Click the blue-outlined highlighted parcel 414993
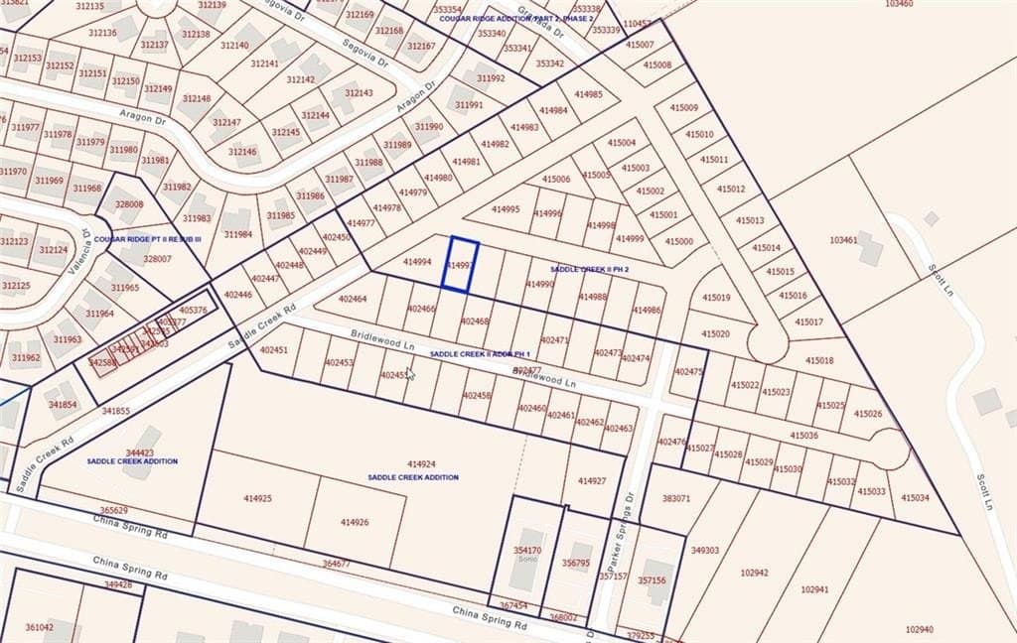point(459,265)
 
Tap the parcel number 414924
point(421,464)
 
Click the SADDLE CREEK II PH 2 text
point(590,270)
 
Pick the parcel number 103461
point(843,240)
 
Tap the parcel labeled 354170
point(526,550)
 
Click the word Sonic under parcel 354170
point(526,560)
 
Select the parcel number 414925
point(257,498)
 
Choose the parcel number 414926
point(355,522)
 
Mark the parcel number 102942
point(755,573)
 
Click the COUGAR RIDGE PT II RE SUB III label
point(148,239)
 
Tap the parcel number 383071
point(675,498)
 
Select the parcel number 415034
point(915,498)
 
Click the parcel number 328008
point(129,204)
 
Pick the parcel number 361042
point(39,627)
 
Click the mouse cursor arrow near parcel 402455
point(410,372)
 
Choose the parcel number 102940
point(919,629)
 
